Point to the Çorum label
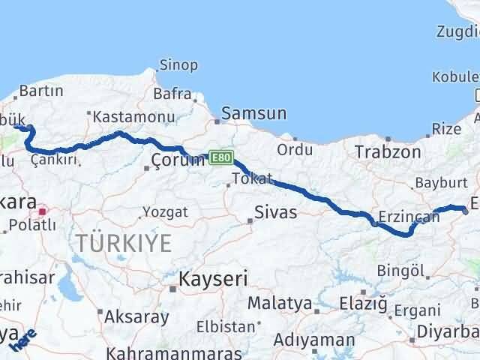178,160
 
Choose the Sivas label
275,212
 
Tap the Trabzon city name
388,152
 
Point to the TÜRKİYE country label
123,243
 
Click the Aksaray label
137,316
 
